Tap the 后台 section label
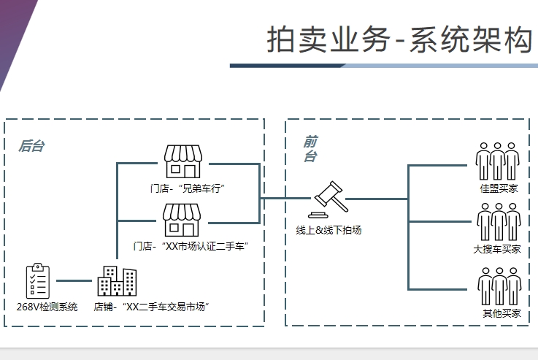31,146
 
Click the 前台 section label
310,148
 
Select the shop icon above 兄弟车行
182,161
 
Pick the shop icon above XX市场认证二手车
181,219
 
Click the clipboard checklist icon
38,281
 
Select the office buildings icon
117,281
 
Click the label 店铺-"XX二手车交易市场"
152,307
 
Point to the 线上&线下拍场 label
328,230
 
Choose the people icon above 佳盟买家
498,161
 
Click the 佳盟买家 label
499,188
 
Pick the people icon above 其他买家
499,286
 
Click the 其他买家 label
502,313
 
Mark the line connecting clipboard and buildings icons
73,280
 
